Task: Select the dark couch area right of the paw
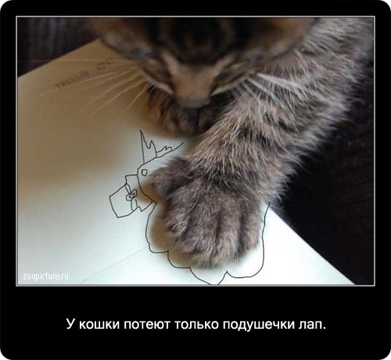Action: click(328, 203)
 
